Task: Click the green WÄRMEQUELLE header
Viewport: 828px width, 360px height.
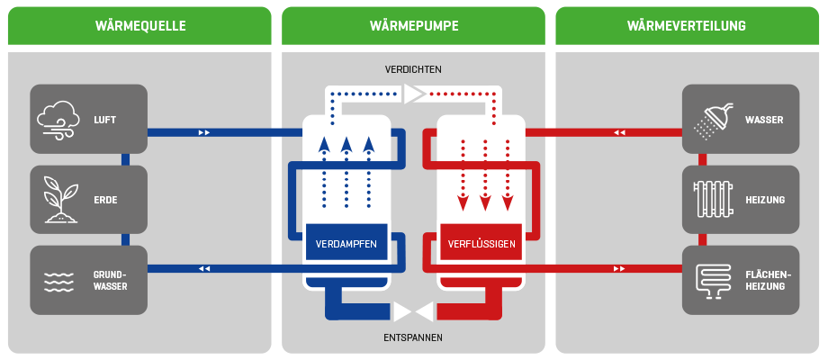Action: coord(139,26)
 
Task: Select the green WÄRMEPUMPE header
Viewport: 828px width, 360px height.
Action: coord(413,26)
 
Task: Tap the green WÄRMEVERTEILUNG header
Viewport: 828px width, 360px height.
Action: coord(687,26)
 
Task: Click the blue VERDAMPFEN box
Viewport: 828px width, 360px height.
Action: coord(346,244)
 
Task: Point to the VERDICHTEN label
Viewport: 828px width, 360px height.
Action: coord(413,69)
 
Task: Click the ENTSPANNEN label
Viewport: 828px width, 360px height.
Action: coord(413,337)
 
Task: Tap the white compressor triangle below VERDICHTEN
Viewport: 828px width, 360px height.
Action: coord(414,94)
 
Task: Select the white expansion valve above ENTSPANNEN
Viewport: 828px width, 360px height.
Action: coord(414,311)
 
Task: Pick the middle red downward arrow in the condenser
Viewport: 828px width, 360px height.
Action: coord(486,201)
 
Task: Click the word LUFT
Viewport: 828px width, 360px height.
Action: coord(105,119)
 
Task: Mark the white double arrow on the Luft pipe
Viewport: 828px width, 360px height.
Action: coord(204,132)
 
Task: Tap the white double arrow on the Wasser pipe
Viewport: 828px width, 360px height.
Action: coord(619,132)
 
